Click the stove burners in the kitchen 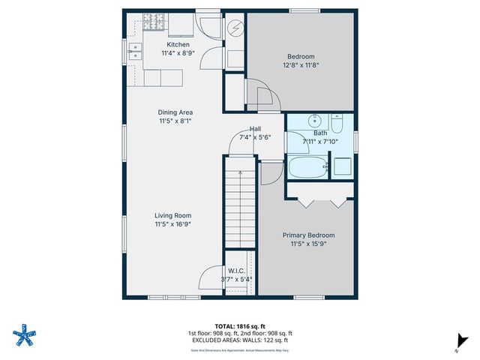(x=153, y=25)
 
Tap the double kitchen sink (x=136, y=51)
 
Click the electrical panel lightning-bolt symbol (x=235, y=28)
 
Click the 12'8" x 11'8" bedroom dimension (x=300, y=66)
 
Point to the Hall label (x=255, y=128)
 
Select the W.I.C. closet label (x=236, y=270)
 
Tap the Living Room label (x=173, y=214)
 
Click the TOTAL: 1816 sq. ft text (x=239, y=325)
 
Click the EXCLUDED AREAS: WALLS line (x=239, y=340)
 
